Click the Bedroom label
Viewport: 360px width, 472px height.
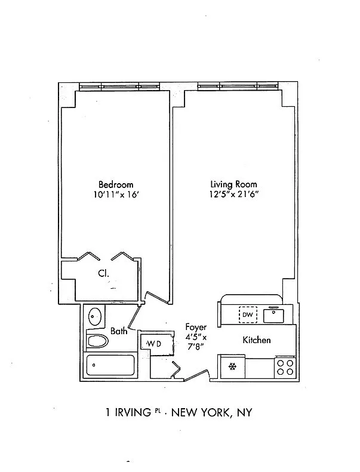point(116,184)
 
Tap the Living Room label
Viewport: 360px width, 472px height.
point(233,184)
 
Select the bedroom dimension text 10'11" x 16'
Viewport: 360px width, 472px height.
point(116,195)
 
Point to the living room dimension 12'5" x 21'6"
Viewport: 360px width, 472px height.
point(234,194)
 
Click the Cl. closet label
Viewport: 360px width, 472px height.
point(103,273)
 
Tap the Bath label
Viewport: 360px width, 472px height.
point(119,331)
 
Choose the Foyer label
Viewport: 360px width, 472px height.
point(196,327)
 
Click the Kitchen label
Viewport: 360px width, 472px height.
point(257,340)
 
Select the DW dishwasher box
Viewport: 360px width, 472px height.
point(248,314)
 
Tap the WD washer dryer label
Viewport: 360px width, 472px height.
point(154,344)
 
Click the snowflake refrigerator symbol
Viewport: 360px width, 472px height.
point(232,366)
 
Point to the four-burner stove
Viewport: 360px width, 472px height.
point(285,367)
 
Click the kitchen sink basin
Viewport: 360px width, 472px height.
point(273,316)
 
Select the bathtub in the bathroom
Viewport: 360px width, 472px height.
point(110,365)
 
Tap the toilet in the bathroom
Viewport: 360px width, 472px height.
point(97,342)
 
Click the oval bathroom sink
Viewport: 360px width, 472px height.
point(94,316)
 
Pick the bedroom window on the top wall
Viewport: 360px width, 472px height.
point(119,87)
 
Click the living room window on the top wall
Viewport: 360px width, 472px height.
point(238,86)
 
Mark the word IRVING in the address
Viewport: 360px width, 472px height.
point(133,412)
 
